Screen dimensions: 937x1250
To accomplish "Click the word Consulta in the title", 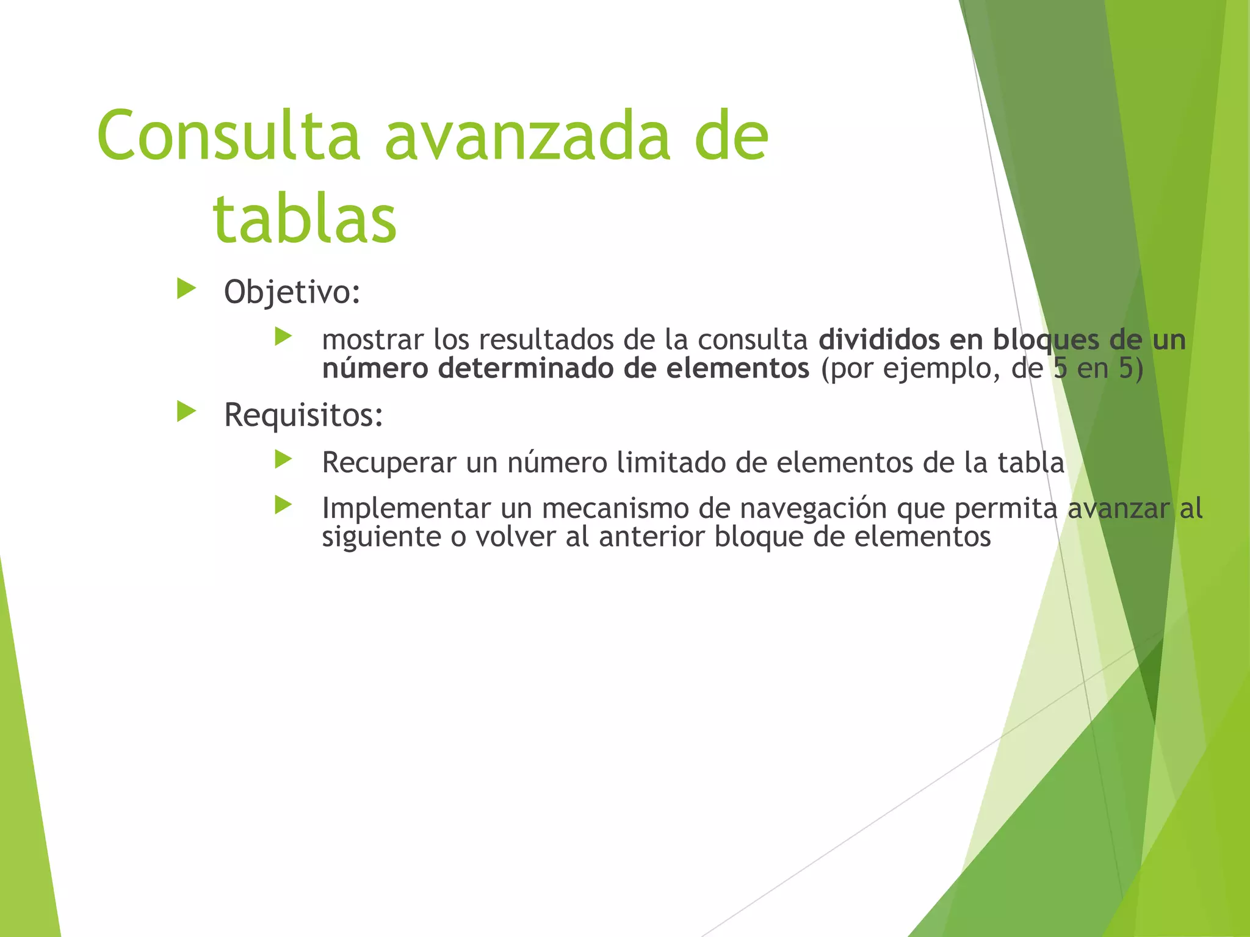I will [x=228, y=137].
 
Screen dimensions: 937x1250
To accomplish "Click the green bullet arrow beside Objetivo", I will [x=186, y=289].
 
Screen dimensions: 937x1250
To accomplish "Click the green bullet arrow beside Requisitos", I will [x=186, y=412].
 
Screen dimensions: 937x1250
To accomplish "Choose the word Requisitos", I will [x=303, y=416].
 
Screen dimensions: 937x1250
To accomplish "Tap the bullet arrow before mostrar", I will [x=283, y=336].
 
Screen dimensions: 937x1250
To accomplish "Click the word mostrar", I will [x=372, y=340].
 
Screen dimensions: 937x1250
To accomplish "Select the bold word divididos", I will [x=879, y=340].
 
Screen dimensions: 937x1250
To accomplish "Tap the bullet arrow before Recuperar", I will [x=283, y=459].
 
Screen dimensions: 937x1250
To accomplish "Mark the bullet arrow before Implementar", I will [x=283, y=504].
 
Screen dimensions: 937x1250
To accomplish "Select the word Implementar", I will [x=406, y=509].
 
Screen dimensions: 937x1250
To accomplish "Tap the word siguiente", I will [x=381, y=537].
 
